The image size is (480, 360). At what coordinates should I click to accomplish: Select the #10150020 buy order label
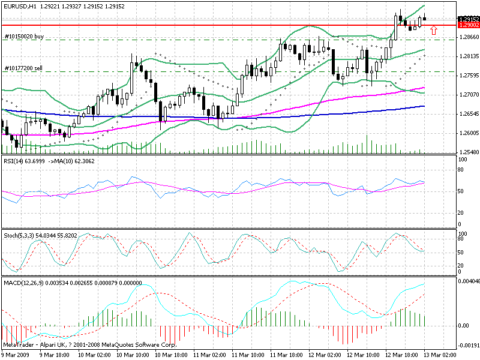coord(24,37)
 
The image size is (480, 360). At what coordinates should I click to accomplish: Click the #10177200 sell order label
coord(23,68)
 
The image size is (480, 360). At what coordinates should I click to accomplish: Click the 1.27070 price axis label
coord(468,95)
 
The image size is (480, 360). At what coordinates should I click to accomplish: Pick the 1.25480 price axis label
coord(468,152)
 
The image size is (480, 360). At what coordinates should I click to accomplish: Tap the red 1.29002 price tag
coord(467,25)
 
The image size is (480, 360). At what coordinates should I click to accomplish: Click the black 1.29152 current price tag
coord(467,19)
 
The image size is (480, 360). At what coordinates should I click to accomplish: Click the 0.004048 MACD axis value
coord(469,281)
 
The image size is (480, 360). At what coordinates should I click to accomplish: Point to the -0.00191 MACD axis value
coord(469,346)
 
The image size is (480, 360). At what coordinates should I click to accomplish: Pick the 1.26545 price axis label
coord(468,113)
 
